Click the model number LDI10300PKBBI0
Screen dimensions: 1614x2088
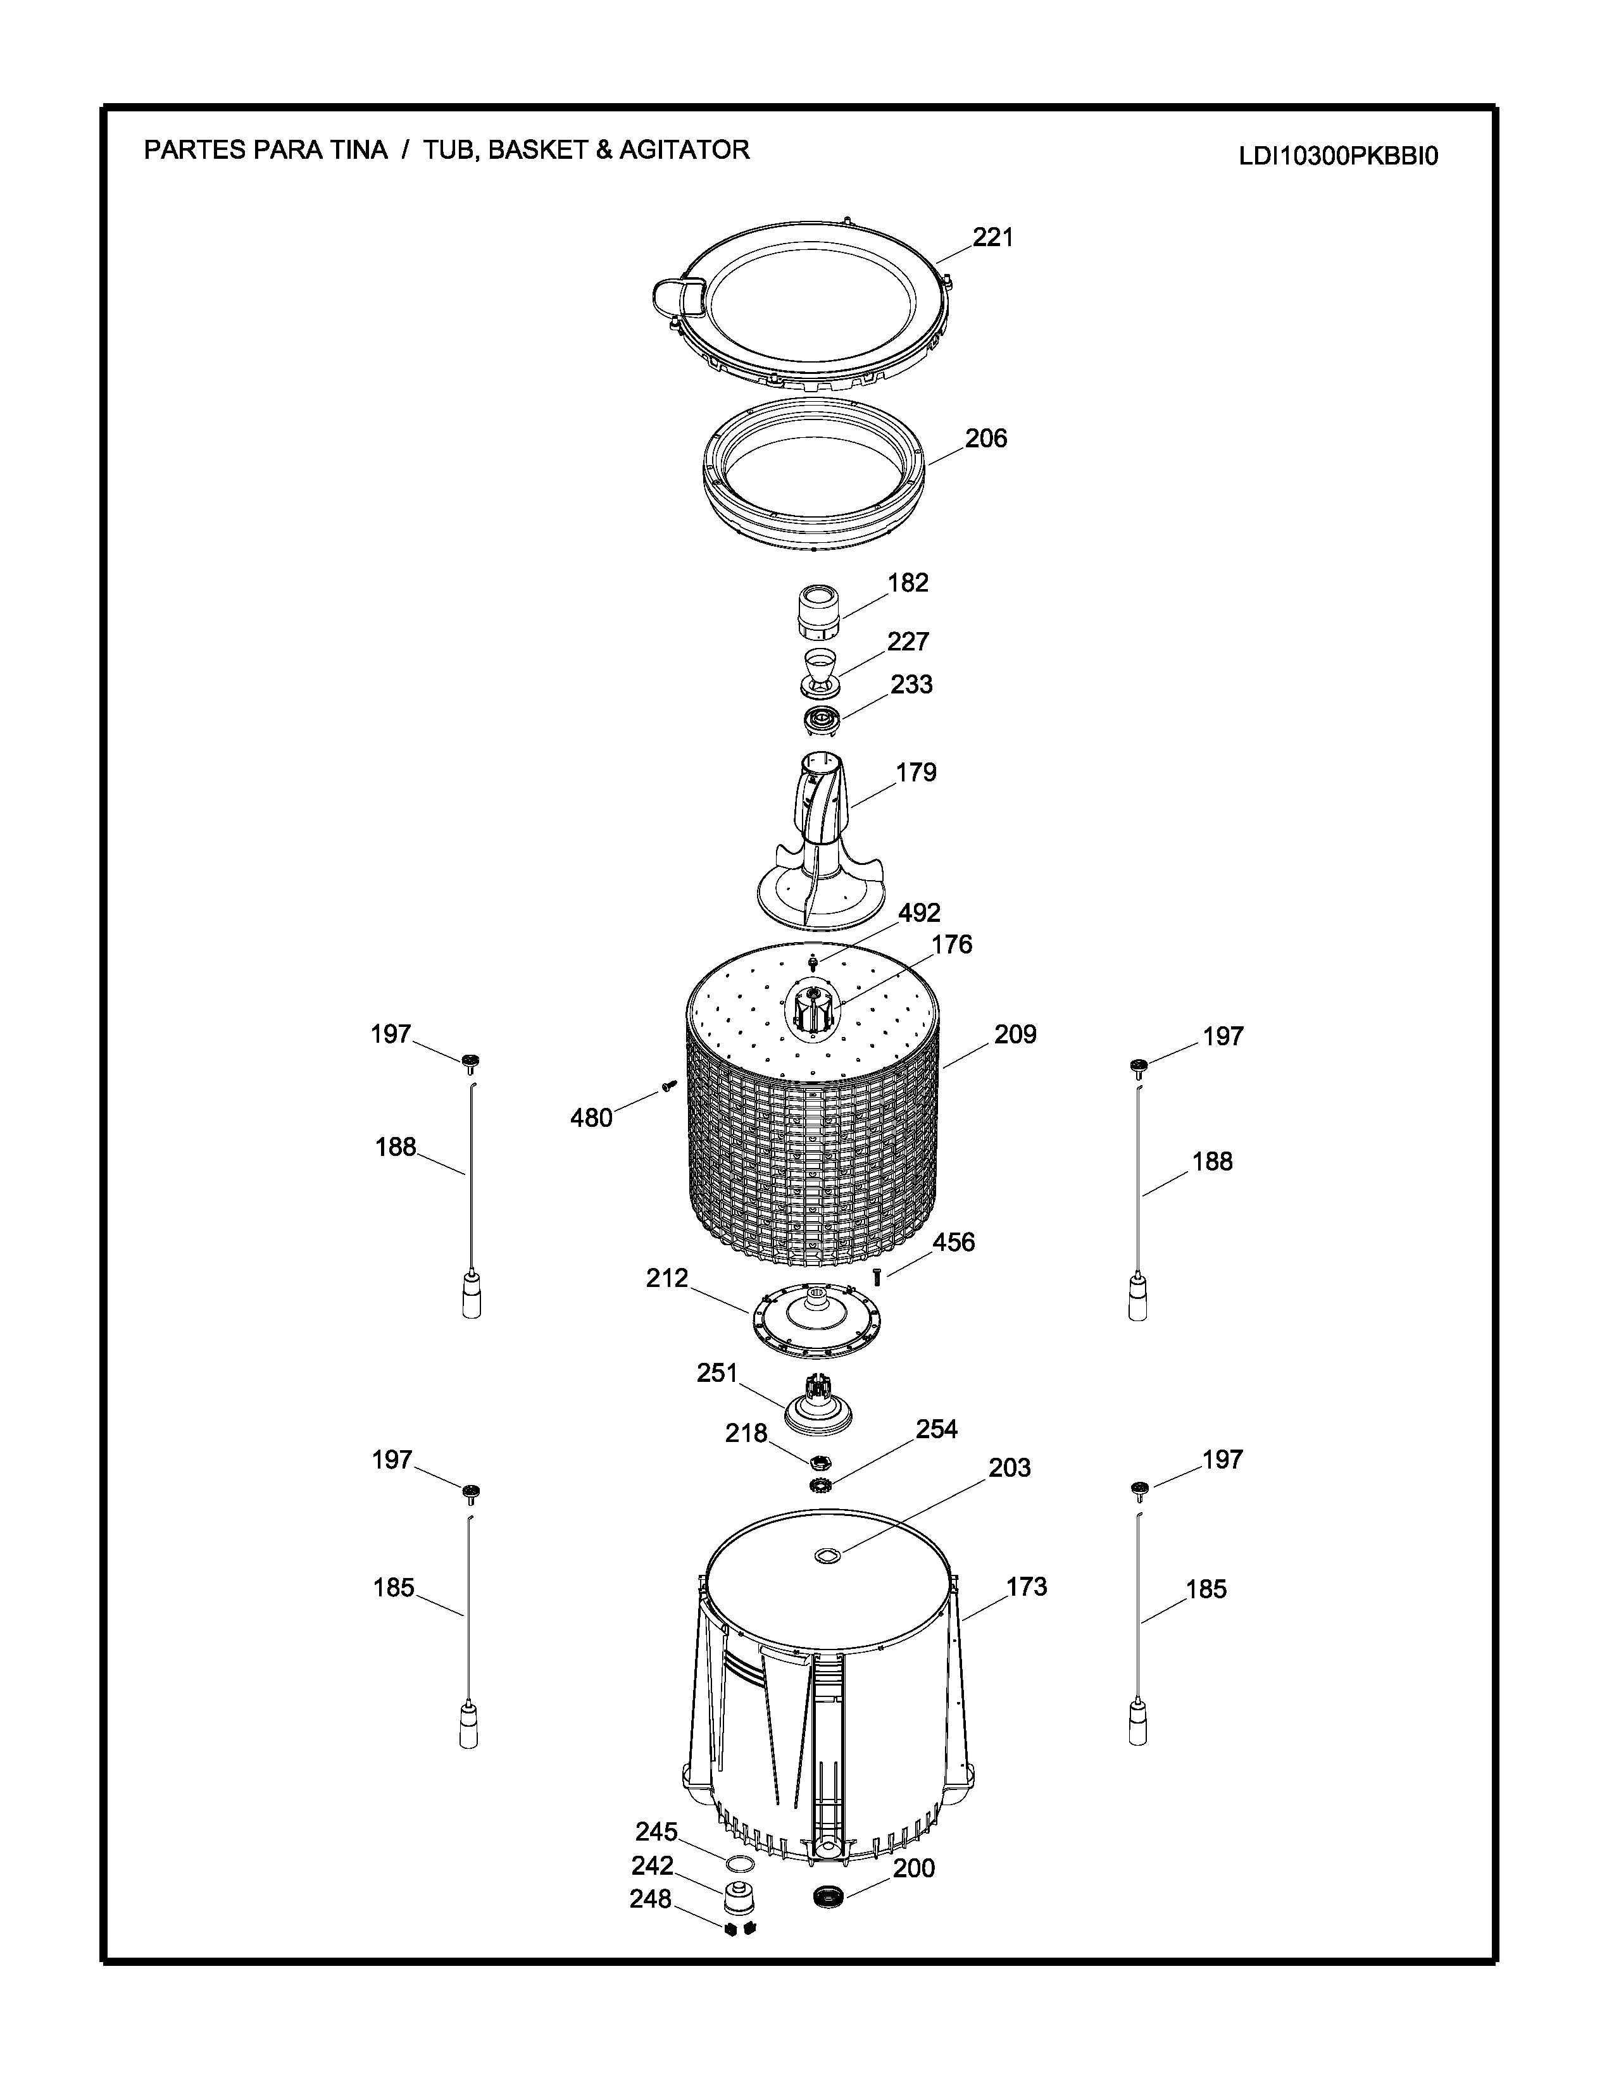pos(1339,156)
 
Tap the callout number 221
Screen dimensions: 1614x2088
pos(994,237)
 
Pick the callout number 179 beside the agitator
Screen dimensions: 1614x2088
pos(916,773)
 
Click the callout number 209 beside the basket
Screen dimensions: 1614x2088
pos(1015,1035)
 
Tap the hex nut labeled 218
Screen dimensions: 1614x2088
pos(820,1463)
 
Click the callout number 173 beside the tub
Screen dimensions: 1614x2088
pos(1027,1587)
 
